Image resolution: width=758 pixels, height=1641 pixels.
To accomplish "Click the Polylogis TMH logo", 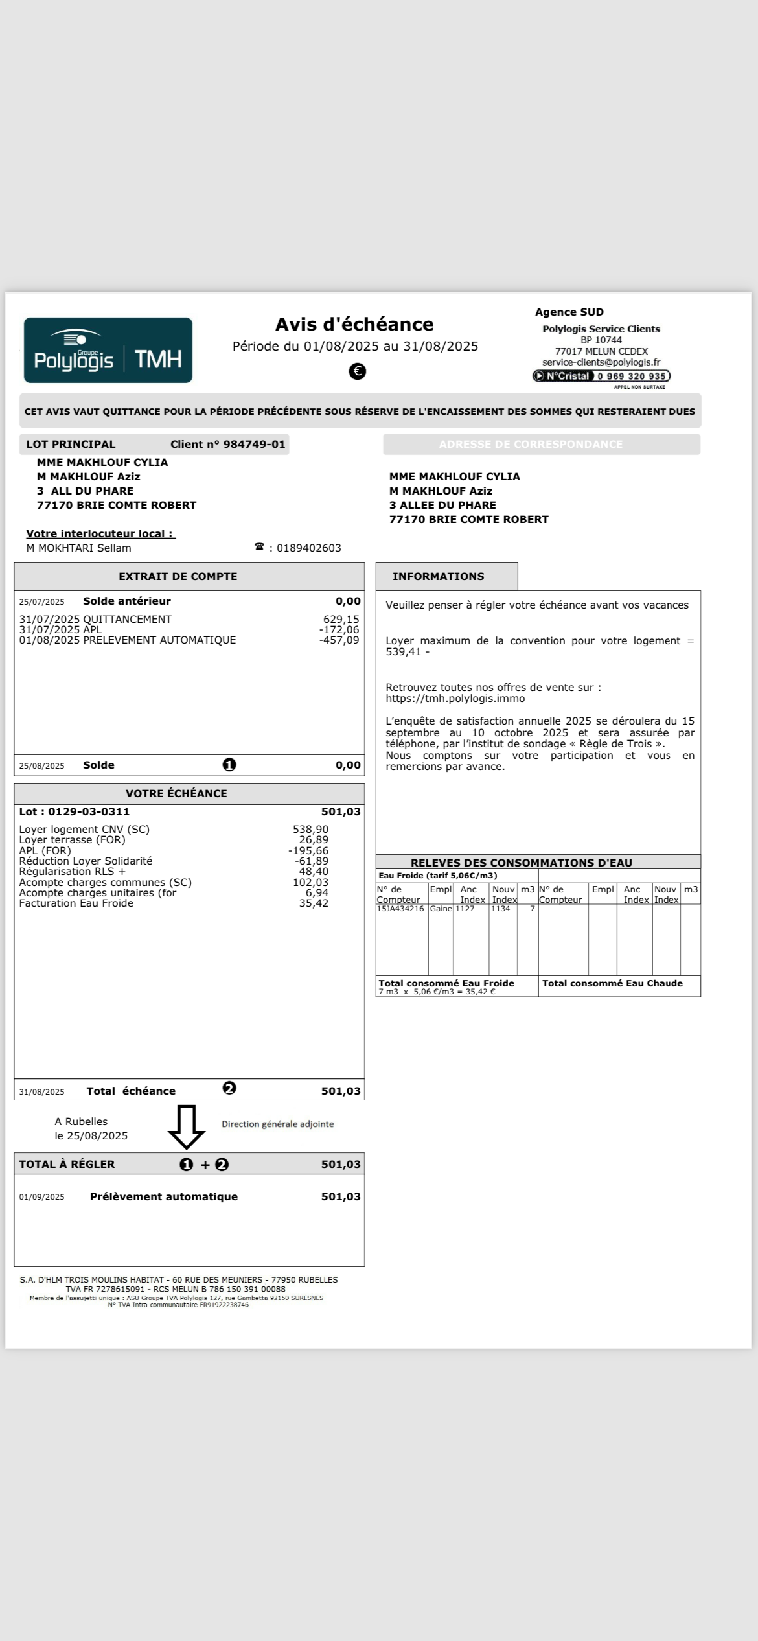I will [108, 350].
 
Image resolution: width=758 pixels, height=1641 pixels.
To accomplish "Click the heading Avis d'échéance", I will [354, 324].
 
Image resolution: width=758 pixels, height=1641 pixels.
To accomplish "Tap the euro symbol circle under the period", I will [357, 371].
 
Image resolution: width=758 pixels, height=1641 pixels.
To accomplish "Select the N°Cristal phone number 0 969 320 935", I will [632, 377].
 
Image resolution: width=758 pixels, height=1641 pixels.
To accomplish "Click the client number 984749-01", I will [254, 445].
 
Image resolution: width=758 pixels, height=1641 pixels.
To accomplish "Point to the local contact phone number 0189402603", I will [308, 548].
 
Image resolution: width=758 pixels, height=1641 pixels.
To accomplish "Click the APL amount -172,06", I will [339, 630].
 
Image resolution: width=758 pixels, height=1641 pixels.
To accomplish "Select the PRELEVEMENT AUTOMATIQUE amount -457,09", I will [339, 640].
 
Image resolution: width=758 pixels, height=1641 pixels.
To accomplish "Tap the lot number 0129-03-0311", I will [89, 811].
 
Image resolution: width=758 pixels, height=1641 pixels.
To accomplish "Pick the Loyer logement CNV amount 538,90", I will [310, 830].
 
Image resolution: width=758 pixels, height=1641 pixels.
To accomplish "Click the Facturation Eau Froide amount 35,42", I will [314, 903].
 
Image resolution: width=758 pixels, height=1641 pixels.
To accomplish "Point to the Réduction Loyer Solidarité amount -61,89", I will [311, 861].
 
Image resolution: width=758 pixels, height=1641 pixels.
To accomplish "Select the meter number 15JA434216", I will [400, 909].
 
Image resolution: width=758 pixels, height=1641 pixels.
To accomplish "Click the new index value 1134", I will [500, 909].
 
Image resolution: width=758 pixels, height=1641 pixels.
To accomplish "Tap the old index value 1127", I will [465, 909].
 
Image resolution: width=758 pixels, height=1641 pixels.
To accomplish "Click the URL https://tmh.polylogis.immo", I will [455, 699].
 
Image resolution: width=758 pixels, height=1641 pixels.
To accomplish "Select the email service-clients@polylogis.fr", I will [601, 363].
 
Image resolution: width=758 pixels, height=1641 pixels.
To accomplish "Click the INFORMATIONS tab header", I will [438, 577].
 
